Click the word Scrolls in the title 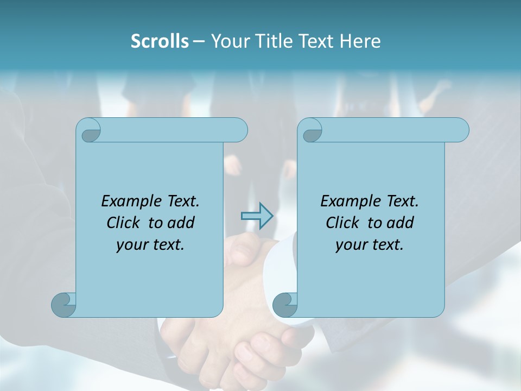(x=160, y=41)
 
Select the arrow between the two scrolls (x=257, y=216)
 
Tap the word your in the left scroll (x=129, y=245)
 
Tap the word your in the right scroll (x=348, y=245)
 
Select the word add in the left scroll (x=181, y=223)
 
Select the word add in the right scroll (x=401, y=223)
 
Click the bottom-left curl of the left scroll (x=63, y=304)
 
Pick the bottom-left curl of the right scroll (x=284, y=304)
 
